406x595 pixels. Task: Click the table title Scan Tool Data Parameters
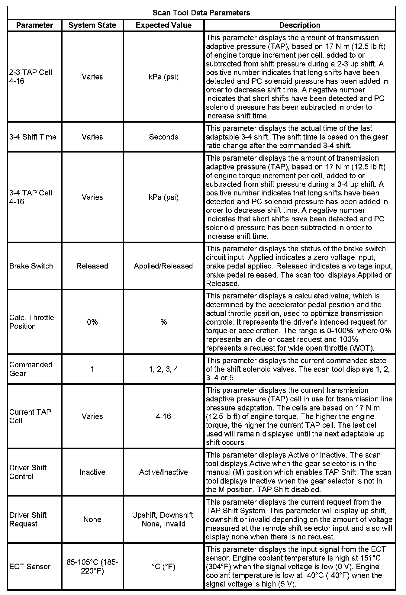coord(201,13)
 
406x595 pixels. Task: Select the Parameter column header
coord(34,25)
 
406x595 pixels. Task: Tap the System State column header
coord(92,25)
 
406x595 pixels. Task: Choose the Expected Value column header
coord(163,25)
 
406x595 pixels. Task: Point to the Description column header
coord(299,25)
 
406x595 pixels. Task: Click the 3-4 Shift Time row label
coord(33,137)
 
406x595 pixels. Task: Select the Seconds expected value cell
coord(163,137)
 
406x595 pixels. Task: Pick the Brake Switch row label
coord(31,266)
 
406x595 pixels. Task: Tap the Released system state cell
coord(92,266)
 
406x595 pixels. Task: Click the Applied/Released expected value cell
coord(163,266)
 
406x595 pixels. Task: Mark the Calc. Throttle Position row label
coord(31,322)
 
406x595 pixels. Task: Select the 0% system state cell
coord(92,322)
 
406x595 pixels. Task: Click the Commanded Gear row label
coord(31,369)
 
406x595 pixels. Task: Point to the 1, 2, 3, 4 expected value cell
coord(163,369)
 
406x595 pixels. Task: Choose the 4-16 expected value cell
coord(163,416)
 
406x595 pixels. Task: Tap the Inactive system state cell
coord(92,472)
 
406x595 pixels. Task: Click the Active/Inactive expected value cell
coord(163,472)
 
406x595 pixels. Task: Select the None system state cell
coord(92,519)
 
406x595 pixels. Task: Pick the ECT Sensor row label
coord(30,567)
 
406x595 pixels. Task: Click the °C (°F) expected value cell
coord(163,567)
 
